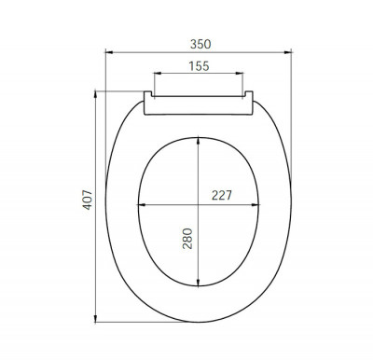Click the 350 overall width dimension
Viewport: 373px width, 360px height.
[200, 42]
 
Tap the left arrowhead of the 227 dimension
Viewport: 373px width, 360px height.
[140, 204]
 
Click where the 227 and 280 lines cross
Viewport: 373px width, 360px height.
[200, 204]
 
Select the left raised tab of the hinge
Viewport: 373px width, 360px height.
[150, 94]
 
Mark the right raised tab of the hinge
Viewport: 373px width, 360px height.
[249, 94]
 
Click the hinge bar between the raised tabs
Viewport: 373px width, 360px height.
[200, 97]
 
